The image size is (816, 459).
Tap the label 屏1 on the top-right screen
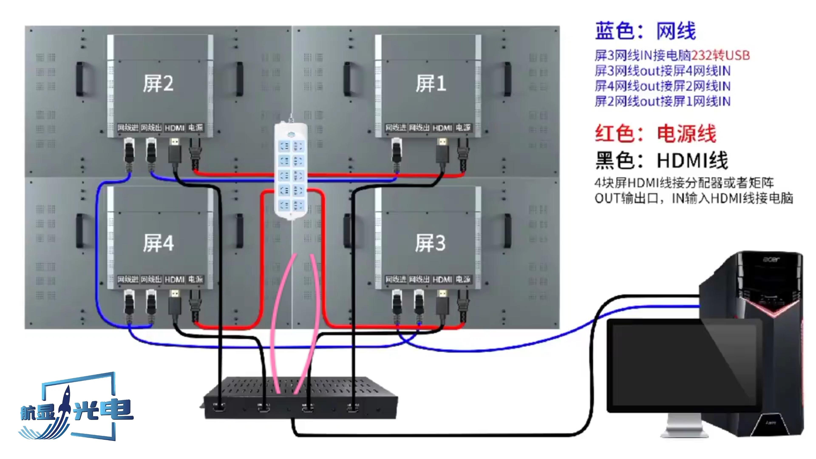pyautogui.click(x=431, y=84)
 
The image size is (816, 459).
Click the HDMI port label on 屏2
pyautogui.click(x=174, y=128)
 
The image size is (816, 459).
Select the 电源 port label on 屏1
pyautogui.click(x=463, y=128)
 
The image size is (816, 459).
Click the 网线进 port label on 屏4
pyautogui.click(x=128, y=279)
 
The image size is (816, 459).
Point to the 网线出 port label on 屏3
pyautogui.click(x=419, y=279)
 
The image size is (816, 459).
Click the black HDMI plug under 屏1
pyautogui.click(x=442, y=152)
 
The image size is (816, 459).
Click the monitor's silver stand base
pyautogui.click(x=684, y=432)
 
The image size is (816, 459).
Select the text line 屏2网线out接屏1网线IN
pyautogui.click(x=662, y=101)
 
